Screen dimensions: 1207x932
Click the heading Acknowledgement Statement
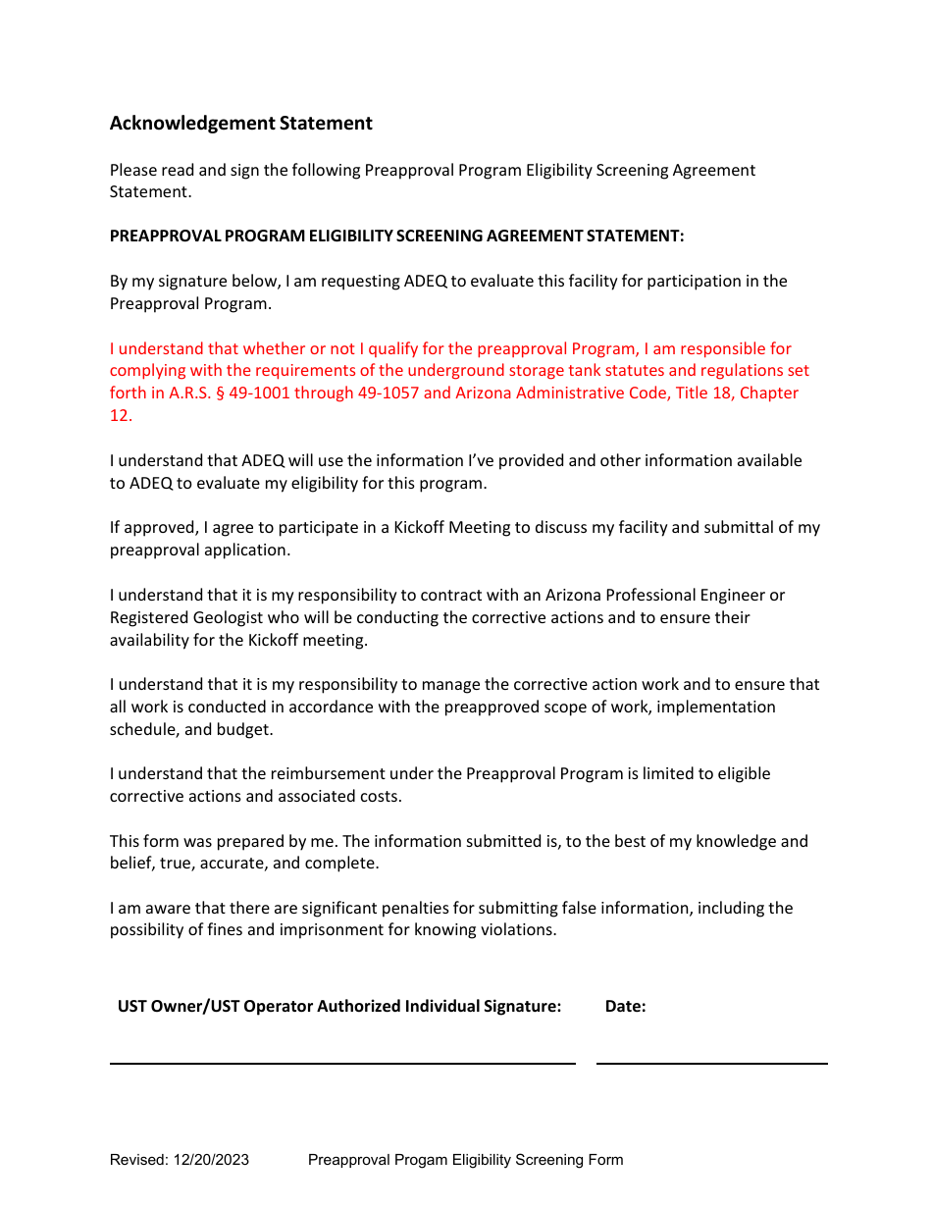pyautogui.click(x=240, y=124)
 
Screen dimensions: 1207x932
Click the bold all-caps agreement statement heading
pyautogui.click(x=396, y=236)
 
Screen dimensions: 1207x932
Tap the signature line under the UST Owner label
pyautogui.click(x=341, y=1062)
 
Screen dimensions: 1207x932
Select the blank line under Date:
pyautogui.click(x=711, y=1062)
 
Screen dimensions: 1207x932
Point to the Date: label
pyautogui.click(x=625, y=1006)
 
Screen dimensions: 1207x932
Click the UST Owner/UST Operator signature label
pyautogui.click(x=339, y=1006)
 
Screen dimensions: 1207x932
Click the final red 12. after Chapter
pyautogui.click(x=121, y=416)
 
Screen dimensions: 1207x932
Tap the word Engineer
pyautogui.click(x=751, y=596)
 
